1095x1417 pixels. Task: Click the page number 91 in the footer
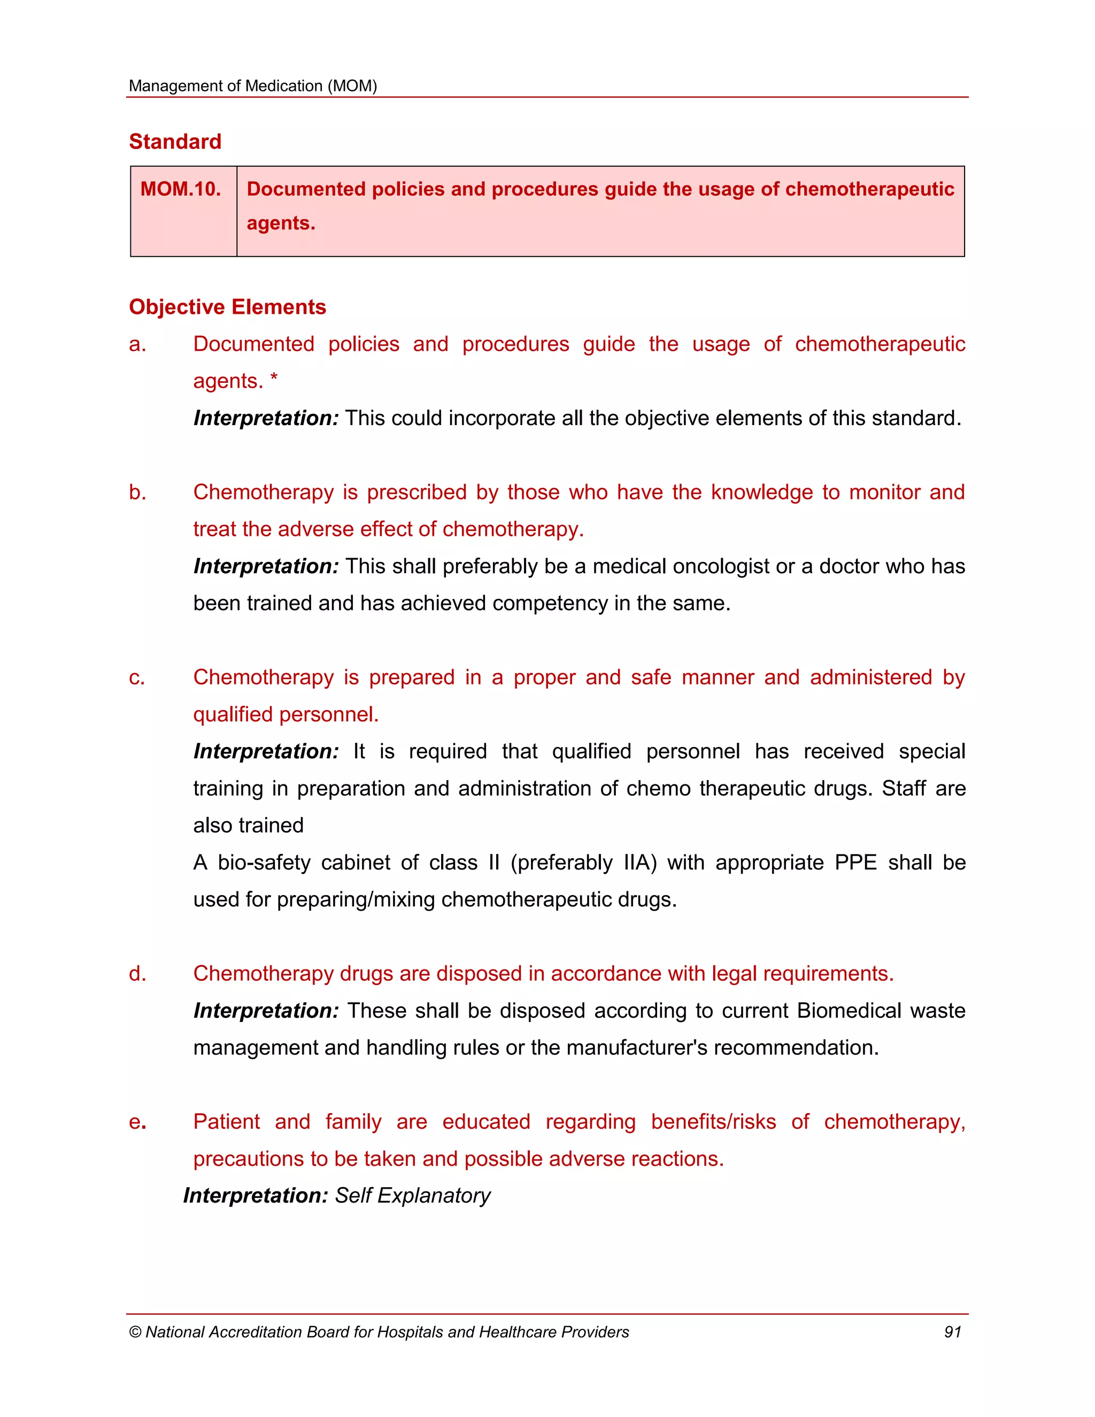pyautogui.click(x=952, y=1332)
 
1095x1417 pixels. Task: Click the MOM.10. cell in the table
pyautogui.click(x=180, y=189)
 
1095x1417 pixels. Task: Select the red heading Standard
pyautogui.click(x=175, y=142)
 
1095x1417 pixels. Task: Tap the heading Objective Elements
pyautogui.click(x=227, y=307)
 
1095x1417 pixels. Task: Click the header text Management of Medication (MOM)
pyautogui.click(x=252, y=86)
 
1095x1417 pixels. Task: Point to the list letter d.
pyautogui.click(x=137, y=973)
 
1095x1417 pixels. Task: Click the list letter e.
pyautogui.click(x=137, y=1122)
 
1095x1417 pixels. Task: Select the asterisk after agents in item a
pyautogui.click(x=274, y=379)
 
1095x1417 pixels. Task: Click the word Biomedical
pyautogui.click(x=849, y=1011)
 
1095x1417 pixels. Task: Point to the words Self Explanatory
pyautogui.click(x=413, y=1195)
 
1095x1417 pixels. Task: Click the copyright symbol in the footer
pyautogui.click(x=135, y=1332)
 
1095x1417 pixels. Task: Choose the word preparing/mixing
pyautogui.click(x=356, y=900)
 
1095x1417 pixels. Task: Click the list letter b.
pyautogui.click(x=137, y=492)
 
